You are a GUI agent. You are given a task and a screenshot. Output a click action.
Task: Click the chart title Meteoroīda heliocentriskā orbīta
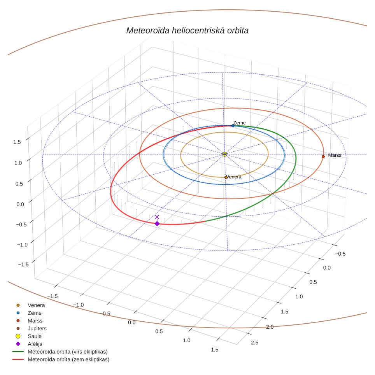pos(187,31)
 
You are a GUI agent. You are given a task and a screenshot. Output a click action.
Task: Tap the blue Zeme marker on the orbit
pos(233,126)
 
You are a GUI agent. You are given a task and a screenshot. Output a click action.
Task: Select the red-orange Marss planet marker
pos(323,157)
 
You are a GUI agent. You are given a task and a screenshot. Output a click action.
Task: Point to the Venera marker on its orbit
pos(226,177)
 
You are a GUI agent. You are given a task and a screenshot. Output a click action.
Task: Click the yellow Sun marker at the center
pos(224,154)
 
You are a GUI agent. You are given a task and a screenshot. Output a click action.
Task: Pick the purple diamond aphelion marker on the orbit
pos(157,224)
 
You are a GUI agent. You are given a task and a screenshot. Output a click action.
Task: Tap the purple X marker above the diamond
pos(157,217)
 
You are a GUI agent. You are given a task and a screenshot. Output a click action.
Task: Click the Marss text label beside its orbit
pos(335,155)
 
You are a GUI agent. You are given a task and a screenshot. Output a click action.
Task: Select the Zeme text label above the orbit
pos(239,123)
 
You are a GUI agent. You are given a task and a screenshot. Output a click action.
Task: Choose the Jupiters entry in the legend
pos(37,328)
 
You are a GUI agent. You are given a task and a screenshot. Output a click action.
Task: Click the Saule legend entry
pos(35,336)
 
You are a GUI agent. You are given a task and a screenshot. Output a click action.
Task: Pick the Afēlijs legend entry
pos(35,344)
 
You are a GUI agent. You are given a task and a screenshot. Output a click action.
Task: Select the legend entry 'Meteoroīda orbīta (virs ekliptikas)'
pos(68,352)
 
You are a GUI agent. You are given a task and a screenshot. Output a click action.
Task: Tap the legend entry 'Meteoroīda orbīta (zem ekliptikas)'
pos(68,359)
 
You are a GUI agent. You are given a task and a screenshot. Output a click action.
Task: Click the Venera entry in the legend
pos(36,305)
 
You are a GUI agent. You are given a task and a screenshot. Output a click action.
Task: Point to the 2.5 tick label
pos(255,343)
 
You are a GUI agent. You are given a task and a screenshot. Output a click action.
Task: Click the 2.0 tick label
pos(270,327)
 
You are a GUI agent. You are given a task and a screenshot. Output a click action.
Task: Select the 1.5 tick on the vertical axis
pos(17,142)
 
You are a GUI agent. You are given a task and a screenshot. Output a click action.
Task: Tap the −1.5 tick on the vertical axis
pos(23,264)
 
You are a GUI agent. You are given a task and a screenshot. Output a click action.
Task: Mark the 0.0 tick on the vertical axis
pos(20,204)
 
